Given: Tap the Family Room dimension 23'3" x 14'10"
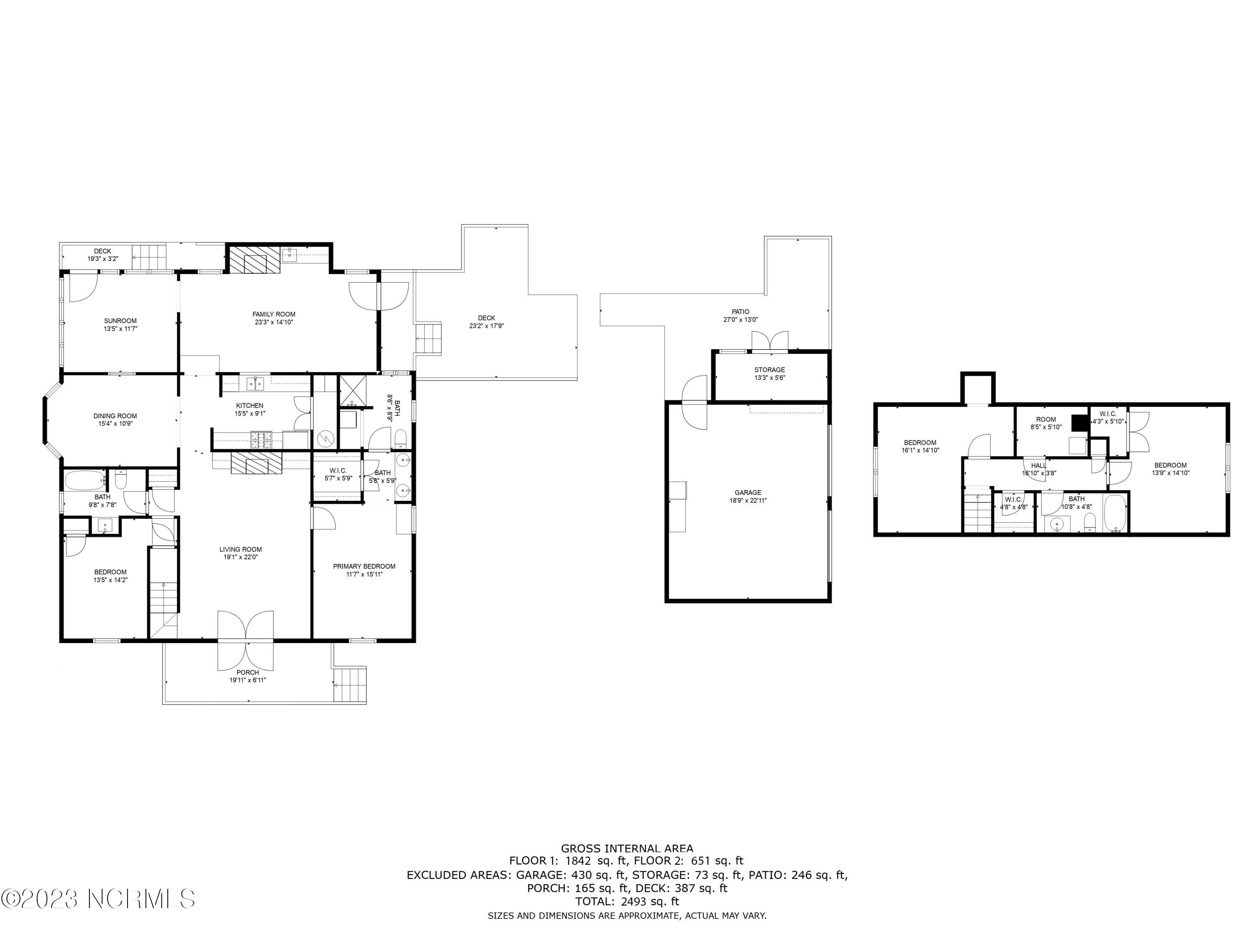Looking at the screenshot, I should pyautogui.click(x=274, y=322).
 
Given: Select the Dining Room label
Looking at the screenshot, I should pyautogui.click(x=115, y=416).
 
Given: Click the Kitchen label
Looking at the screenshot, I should pyautogui.click(x=250, y=405).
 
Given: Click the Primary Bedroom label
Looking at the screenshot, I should pyautogui.click(x=364, y=566).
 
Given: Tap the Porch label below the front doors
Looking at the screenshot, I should pyautogui.click(x=247, y=672).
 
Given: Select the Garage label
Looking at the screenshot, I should pyautogui.click(x=748, y=492).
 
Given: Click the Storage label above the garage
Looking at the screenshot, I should pyautogui.click(x=769, y=370).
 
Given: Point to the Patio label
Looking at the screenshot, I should pyautogui.click(x=740, y=312).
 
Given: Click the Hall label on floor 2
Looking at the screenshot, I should pyautogui.click(x=1038, y=466).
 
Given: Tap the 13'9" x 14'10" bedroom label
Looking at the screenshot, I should pyautogui.click(x=1170, y=465).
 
